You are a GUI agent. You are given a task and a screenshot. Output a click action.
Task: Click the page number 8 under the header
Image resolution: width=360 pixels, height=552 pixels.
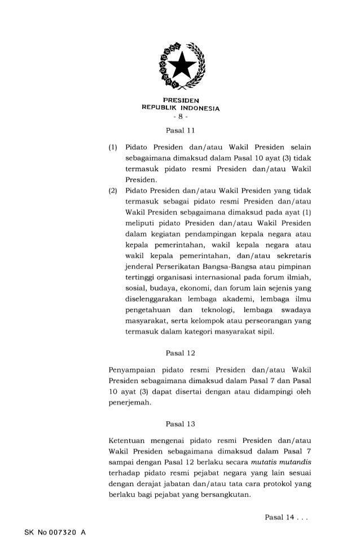180,118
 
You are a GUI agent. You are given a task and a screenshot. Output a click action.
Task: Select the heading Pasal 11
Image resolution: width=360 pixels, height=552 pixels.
179,132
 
